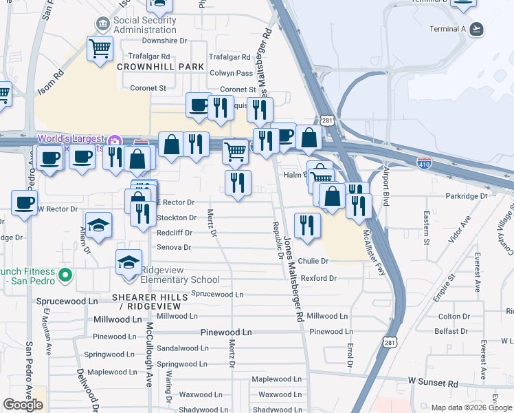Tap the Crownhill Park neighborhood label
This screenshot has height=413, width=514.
click(x=161, y=67)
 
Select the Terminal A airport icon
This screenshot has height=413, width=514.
click(x=476, y=29)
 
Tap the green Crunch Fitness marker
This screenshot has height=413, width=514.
click(x=65, y=276)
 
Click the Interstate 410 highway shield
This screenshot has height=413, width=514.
click(x=424, y=163)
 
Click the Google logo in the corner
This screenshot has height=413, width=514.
click(x=23, y=405)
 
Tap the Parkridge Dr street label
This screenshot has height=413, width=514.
click(x=466, y=196)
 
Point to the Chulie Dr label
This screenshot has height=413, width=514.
click(x=313, y=262)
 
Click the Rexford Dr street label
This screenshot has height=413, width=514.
click(x=318, y=278)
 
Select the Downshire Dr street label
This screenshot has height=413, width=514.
click(x=164, y=41)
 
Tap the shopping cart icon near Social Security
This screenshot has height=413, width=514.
click(x=100, y=48)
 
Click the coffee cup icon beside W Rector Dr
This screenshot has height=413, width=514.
click(x=24, y=202)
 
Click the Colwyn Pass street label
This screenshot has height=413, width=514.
click(x=231, y=73)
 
